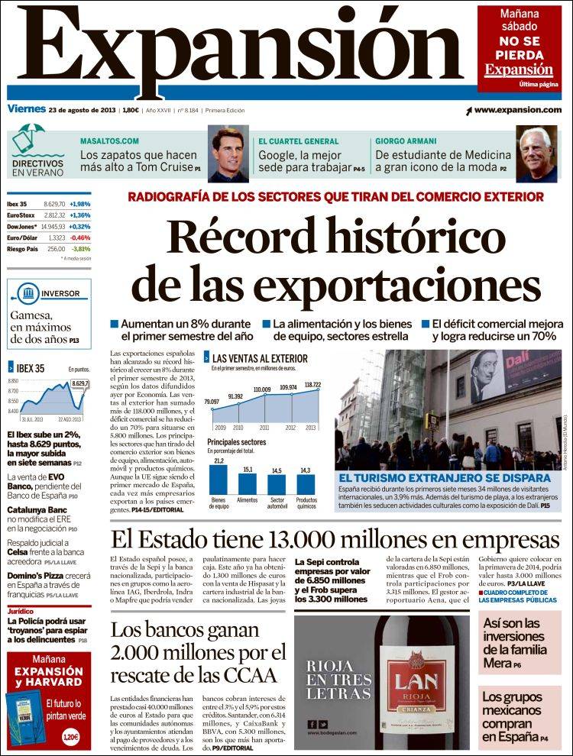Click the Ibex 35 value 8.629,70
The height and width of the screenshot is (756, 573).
[x=54, y=205]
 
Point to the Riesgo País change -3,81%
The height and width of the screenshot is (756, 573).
[x=80, y=249]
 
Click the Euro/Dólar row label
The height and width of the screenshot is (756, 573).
[x=21, y=237]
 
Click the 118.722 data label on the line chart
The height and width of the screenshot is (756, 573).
[x=312, y=384]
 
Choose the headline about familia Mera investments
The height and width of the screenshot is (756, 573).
[x=514, y=644]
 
